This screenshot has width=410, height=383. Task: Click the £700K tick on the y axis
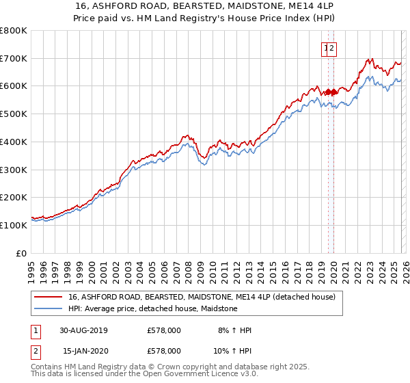[x=14, y=58]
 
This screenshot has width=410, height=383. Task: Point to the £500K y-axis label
[x=14, y=114]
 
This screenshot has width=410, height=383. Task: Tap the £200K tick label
[x=14, y=198]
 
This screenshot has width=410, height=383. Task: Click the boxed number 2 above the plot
[x=331, y=49]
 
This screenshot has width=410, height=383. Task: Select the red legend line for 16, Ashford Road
[x=49, y=298]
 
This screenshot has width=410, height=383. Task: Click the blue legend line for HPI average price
[x=49, y=309]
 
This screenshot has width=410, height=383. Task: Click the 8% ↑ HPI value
[x=234, y=330]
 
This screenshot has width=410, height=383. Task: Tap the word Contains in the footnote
[x=48, y=367]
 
